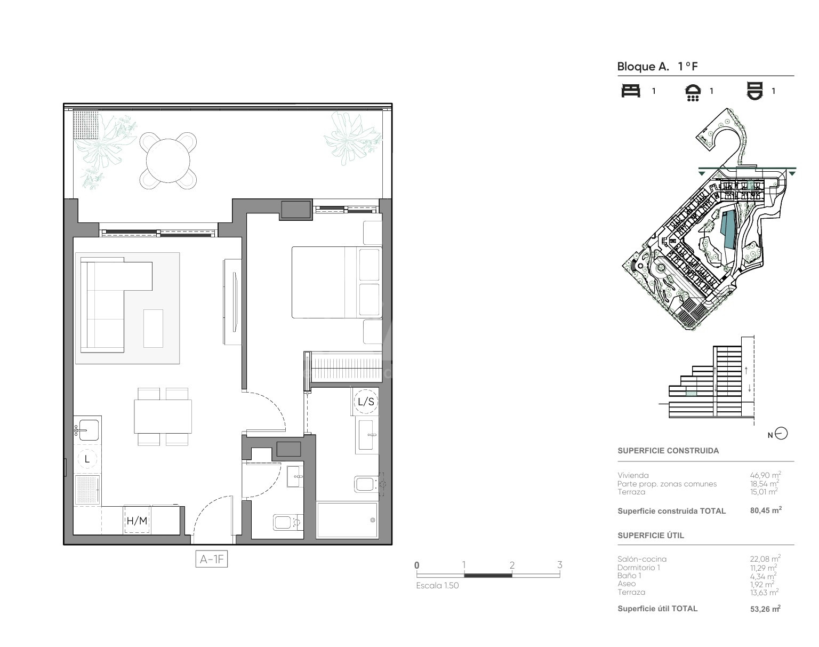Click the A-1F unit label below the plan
[x=212, y=559]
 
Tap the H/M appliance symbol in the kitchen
[x=136, y=520]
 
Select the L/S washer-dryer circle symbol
[x=366, y=402]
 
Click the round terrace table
[x=168, y=161]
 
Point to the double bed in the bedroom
[x=337, y=282]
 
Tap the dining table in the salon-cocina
[x=163, y=416]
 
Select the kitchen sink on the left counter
[x=87, y=430]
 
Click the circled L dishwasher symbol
[x=87, y=459]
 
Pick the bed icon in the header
[x=631, y=91]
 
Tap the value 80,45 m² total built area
[x=766, y=510]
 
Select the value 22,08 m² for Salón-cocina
[x=765, y=558]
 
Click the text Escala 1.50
[x=437, y=585]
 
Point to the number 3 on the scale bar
[x=559, y=565]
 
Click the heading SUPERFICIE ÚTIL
[x=651, y=536]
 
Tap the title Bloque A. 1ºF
[x=657, y=67]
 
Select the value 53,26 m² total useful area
[x=765, y=609]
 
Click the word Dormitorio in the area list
[x=636, y=568]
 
